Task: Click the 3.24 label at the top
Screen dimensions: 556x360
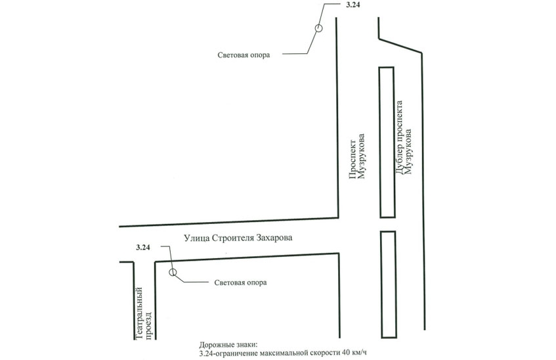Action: point(352,5)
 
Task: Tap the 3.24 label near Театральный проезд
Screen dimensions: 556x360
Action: point(143,248)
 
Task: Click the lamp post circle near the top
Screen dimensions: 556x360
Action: point(319,28)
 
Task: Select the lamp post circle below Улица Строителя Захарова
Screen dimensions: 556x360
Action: point(173,273)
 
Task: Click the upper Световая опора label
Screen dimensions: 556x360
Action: point(244,55)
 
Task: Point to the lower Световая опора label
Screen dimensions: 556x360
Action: point(240,282)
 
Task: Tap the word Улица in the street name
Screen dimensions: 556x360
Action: point(196,238)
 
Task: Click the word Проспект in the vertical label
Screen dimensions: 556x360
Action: point(353,158)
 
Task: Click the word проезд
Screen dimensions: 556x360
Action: point(149,325)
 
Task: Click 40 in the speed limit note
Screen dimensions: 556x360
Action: point(346,353)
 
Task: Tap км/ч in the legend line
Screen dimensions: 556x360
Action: point(359,353)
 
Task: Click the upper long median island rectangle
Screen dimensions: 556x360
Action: point(387,142)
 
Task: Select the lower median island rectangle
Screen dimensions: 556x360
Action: point(389,284)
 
